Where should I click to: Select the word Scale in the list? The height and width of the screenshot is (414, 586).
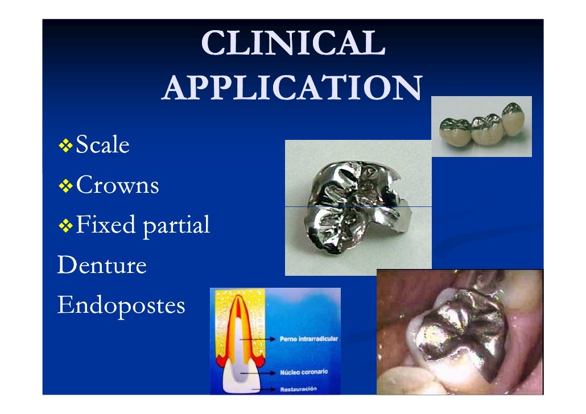pyautogui.click(x=102, y=146)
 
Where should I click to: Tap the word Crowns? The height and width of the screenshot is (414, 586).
pyautogui.click(x=117, y=185)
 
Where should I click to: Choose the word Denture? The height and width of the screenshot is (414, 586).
pyautogui.click(x=102, y=265)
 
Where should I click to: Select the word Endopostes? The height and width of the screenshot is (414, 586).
pyautogui.click(x=121, y=306)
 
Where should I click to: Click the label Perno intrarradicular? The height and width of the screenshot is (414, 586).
pyautogui.click(x=308, y=339)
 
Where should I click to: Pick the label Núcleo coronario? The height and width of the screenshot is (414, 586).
pyautogui.click(x=304, y=373)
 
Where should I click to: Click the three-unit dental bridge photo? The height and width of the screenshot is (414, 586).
pyautogui.click(x=482, y=126)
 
